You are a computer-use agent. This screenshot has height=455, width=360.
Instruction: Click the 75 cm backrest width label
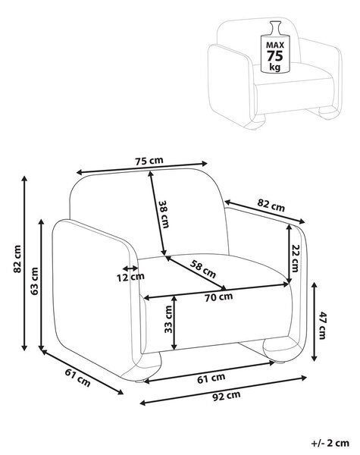[x=149, y=161]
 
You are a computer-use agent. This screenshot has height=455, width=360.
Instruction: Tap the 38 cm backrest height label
[x=164, y=214]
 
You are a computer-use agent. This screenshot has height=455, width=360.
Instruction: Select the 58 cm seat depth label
[x=203, y=269]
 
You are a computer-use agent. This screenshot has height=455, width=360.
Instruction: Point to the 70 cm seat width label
[x=219, y=297]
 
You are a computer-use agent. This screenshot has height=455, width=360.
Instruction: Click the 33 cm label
[x=168, y=319]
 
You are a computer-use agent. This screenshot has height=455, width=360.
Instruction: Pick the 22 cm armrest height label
[x=295, y=259]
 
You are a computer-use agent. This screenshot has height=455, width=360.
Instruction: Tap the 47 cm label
[x=322, y=325]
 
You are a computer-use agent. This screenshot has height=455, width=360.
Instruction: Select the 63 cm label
[x=35, y=281]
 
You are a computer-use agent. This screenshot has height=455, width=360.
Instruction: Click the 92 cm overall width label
[x=227, y=396]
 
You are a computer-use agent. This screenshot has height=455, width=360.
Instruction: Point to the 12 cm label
[x=130, y=278]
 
